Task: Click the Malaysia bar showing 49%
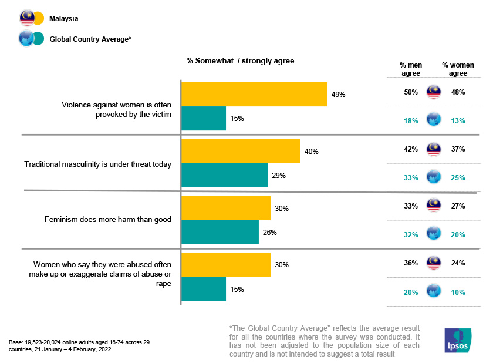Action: click(254, 94)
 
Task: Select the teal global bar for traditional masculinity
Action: click(224, 176)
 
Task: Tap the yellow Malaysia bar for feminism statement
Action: click(226, 208)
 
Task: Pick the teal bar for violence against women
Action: click(204, 118)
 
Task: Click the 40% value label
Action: click(311, 152)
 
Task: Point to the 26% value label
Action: click(269, 232)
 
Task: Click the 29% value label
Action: click(279, 176)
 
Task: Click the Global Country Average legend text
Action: click(90, 39)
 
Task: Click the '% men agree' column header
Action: click(411, 69)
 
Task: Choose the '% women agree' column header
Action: click(458, 69)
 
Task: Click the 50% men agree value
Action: click(410, 92)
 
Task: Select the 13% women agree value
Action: click(458, 121)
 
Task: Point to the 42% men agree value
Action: click(410, 149)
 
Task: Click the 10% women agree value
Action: click(458, 293)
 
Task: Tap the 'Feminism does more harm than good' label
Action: click(108, 220)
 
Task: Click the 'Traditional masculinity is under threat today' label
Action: click(97, 164)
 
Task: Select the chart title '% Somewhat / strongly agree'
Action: click(240, 60)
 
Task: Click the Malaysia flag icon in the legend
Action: click(27, 19)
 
